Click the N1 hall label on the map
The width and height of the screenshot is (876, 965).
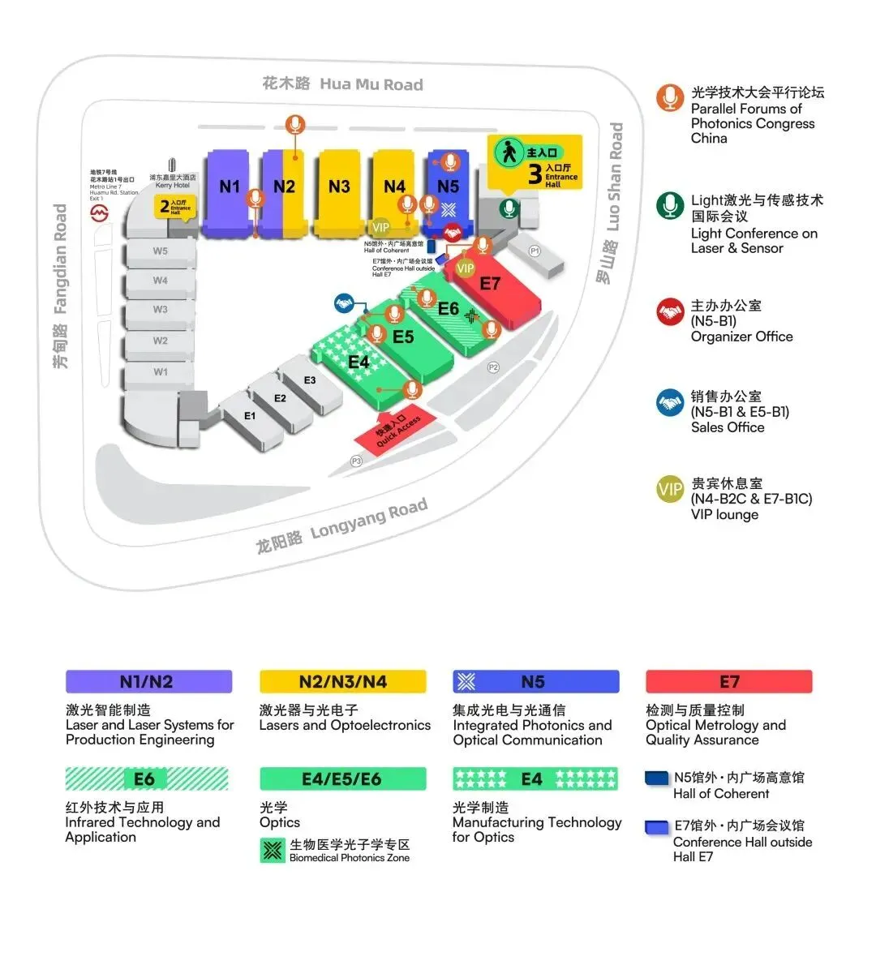pos(230,187)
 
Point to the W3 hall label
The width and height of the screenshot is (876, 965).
pos(161,310)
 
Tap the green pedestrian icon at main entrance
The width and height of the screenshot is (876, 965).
pos(509,152)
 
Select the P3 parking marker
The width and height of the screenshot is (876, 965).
pos(356,461)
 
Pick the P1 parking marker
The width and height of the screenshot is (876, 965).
pos(535,251)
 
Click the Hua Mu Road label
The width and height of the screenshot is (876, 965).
pos(343,84)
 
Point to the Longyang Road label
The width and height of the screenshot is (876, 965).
pos(342,525)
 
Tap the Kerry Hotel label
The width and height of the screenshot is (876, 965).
pos(173,181)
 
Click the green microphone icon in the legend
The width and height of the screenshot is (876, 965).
pos(670,206)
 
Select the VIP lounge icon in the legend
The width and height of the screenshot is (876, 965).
pos(670,489)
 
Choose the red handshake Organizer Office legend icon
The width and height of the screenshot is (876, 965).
pos(670,312)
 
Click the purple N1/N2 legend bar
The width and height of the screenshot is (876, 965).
pos(148,681)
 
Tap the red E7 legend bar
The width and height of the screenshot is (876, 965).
pos(728,681)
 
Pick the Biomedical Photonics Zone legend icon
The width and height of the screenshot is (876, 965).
pos(273,851)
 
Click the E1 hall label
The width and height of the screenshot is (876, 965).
pos(250,416)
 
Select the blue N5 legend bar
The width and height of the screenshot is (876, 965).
pos(535,681)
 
